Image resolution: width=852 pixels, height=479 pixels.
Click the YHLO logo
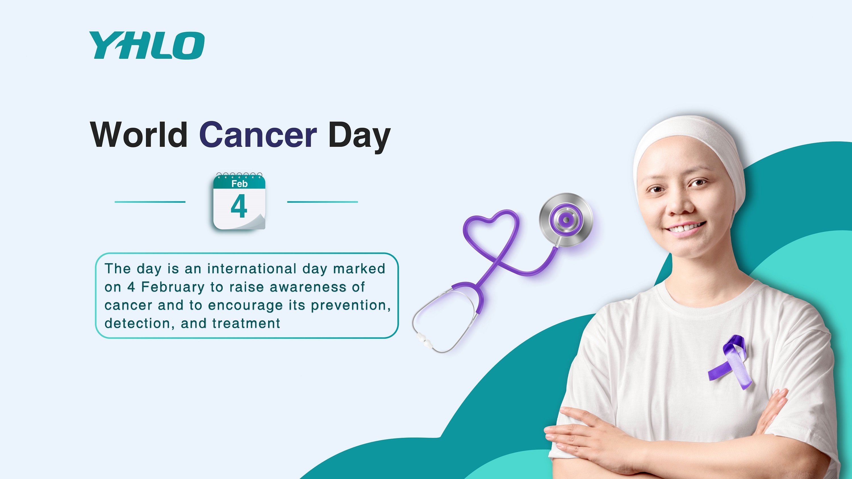[147, 45]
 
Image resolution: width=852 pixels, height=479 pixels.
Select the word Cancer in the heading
[258, 135]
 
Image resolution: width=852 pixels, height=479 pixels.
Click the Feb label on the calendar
[239, 184]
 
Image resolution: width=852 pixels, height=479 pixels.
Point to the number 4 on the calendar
[239, 206]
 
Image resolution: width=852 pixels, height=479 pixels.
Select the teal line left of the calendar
[150, 202]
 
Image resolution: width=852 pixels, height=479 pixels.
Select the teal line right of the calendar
[322, 202]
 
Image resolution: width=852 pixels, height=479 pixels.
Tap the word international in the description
[252, 269]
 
